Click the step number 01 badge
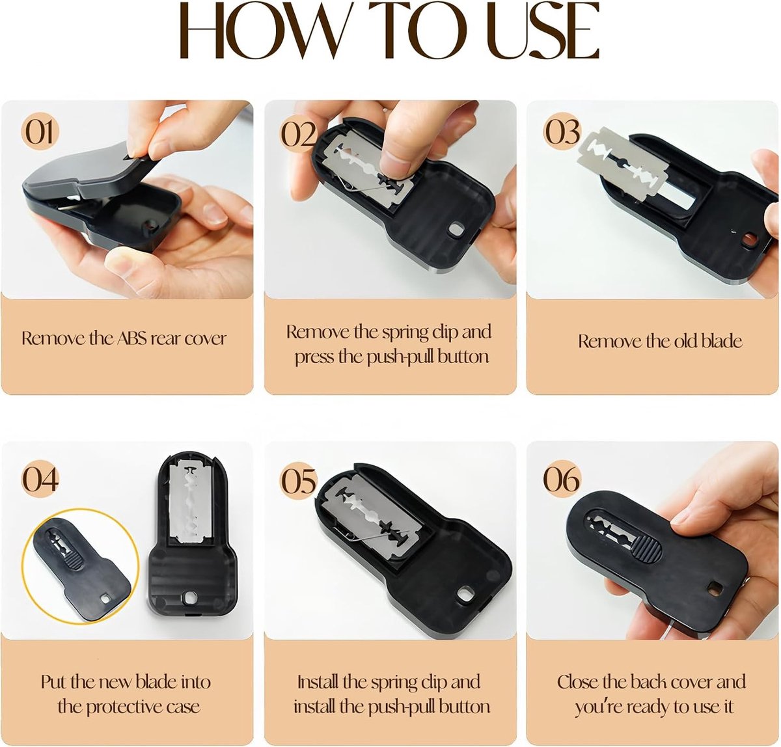pyautogui.click(x=40, y=132)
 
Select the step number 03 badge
pyautogui.click(x=562, y=132)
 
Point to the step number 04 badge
pyautogui.click(x=40, y=479)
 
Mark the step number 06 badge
pyautogui.click(x=562, y=479)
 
